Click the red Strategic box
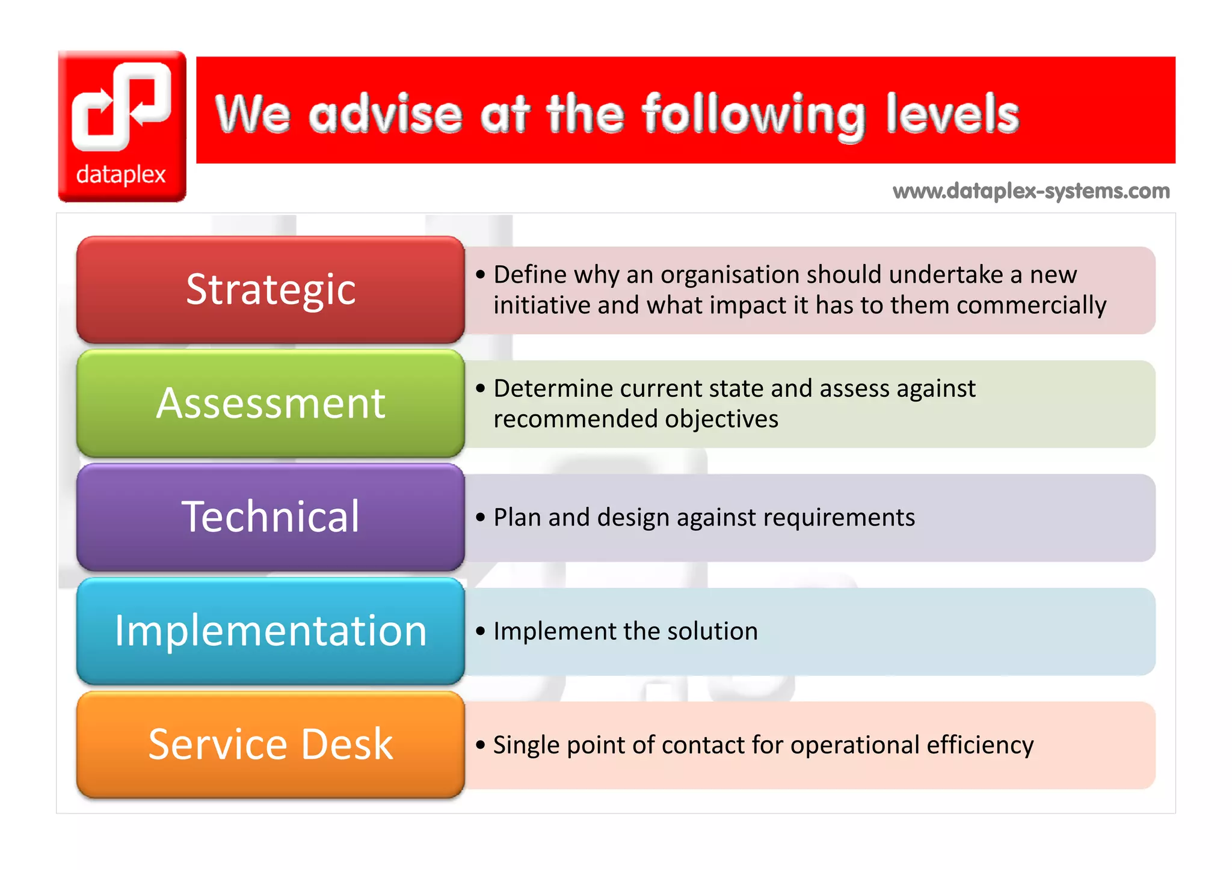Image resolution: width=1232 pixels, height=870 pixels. tap(270, 289)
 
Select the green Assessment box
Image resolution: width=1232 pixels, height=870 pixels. tap(270, 403)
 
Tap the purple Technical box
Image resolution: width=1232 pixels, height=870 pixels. tap(270, 516)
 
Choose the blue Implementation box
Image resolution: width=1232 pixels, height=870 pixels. tap(270, 631)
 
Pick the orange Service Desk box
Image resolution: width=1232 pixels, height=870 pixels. tap(270, 744)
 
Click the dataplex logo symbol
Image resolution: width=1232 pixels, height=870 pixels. tap(122, 106)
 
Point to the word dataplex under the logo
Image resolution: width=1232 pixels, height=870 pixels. tap(121, 174)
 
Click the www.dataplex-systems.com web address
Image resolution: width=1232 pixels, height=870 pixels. tap(1031, 191)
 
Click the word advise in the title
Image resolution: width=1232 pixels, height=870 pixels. tap(385, 114)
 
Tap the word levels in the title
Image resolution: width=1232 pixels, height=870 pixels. tap(952, 114)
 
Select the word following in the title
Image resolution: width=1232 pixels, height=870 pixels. tap(753, 116)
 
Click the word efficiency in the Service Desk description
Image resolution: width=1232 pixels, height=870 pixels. tap(979, 745)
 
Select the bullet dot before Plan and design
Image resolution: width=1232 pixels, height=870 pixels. tap(480, 517)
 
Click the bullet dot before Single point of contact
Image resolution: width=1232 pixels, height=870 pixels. tap(480, 745)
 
